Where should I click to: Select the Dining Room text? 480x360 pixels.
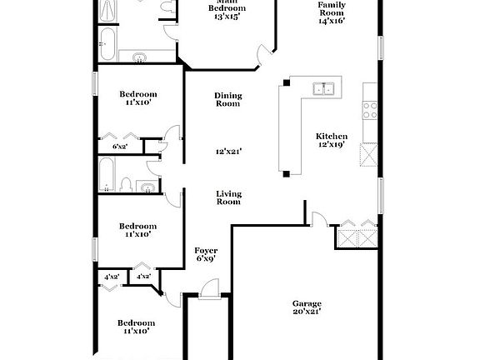pos(227,99)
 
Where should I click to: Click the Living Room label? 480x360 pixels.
pos(228,197)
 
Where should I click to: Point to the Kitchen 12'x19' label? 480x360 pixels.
pos(331,141)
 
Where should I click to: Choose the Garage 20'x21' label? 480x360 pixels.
pos(307,307)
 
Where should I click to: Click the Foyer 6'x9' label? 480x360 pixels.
pos(206,254)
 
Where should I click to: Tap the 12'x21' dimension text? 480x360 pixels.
pos(228,152)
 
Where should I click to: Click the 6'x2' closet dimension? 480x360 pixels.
pos(120,147)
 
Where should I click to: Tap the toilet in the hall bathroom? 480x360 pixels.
pos(125,184)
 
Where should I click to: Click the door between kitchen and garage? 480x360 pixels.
pos(317,218)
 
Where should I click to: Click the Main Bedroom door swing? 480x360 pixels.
pos(264,57)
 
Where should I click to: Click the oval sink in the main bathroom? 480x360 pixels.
pos(139,57)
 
